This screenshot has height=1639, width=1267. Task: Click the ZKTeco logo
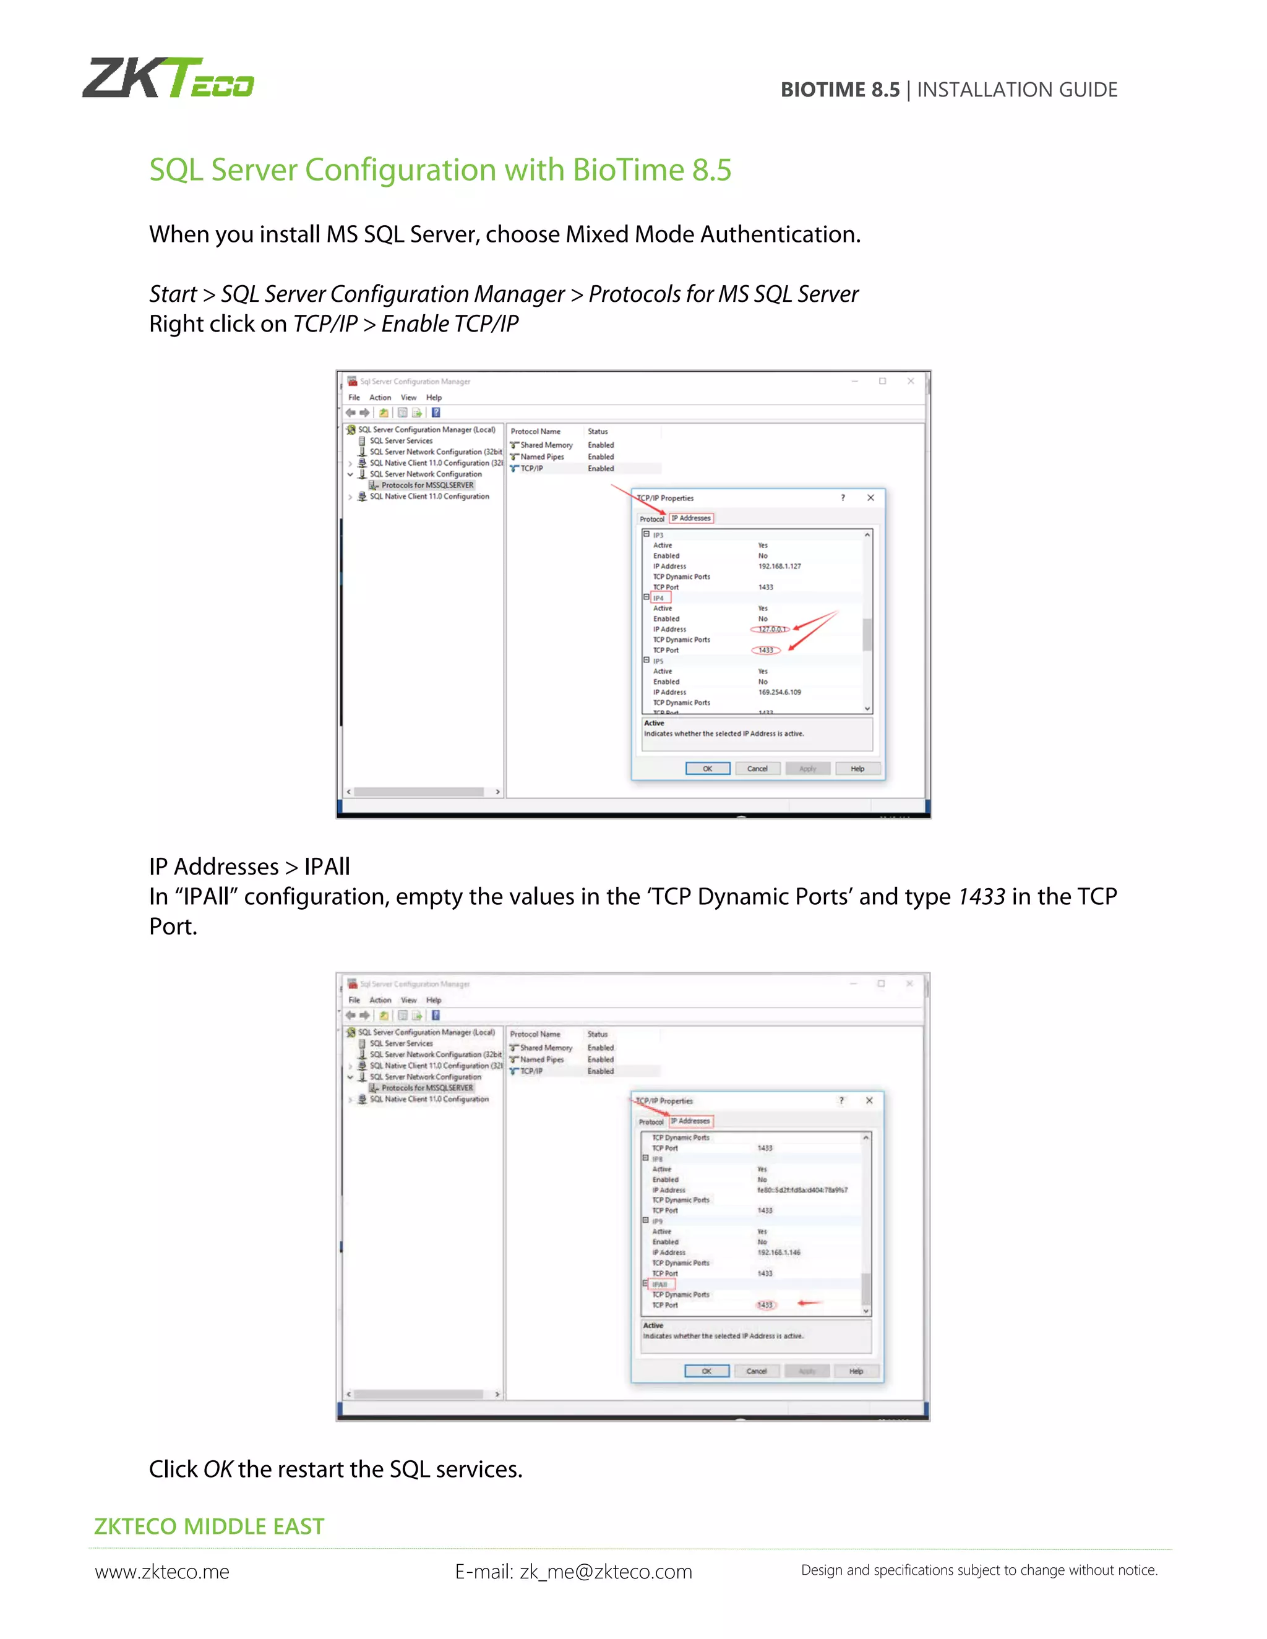pyautogui.click(x=168, y=78)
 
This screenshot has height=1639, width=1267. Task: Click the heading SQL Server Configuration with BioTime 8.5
pyautogui.click(x=440, y=169)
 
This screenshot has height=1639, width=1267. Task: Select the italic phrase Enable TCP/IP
pyautogui.click(x=450, y=324)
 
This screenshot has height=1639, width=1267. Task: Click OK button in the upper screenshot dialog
pyautogui.click(x=707, y=768)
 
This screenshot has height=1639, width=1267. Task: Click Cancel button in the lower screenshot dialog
pyautogui.click(x=756, y=1371)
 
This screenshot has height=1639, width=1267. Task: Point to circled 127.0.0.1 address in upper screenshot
pyautogui.click(x=770, y=629)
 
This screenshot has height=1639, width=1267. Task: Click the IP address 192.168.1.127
pyautogui.click(x=779, y=566)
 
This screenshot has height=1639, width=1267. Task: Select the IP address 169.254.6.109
pyautogui.click(x=779, y=692)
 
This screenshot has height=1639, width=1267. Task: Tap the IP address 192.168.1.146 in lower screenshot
pyautogui.click(x=778, y=1252)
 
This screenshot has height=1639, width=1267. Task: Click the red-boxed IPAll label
pyautogui.click(x=659, y=1284)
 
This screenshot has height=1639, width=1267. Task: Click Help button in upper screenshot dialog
pyautogui.click(x=857, y=768)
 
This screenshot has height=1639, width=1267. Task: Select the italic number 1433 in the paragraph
pyautogui.click(x=981, y=897)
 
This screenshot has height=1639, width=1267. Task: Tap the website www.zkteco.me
pyautogui.click(x=162, y=1572)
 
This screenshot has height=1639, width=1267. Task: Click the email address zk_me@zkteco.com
pyautogui.click(x=605, y=1572)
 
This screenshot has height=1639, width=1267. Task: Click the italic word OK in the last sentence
pyautogui.click(x=218, y=1470)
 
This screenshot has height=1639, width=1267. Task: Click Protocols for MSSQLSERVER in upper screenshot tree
pyautogui.click(x=427, y=485)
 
